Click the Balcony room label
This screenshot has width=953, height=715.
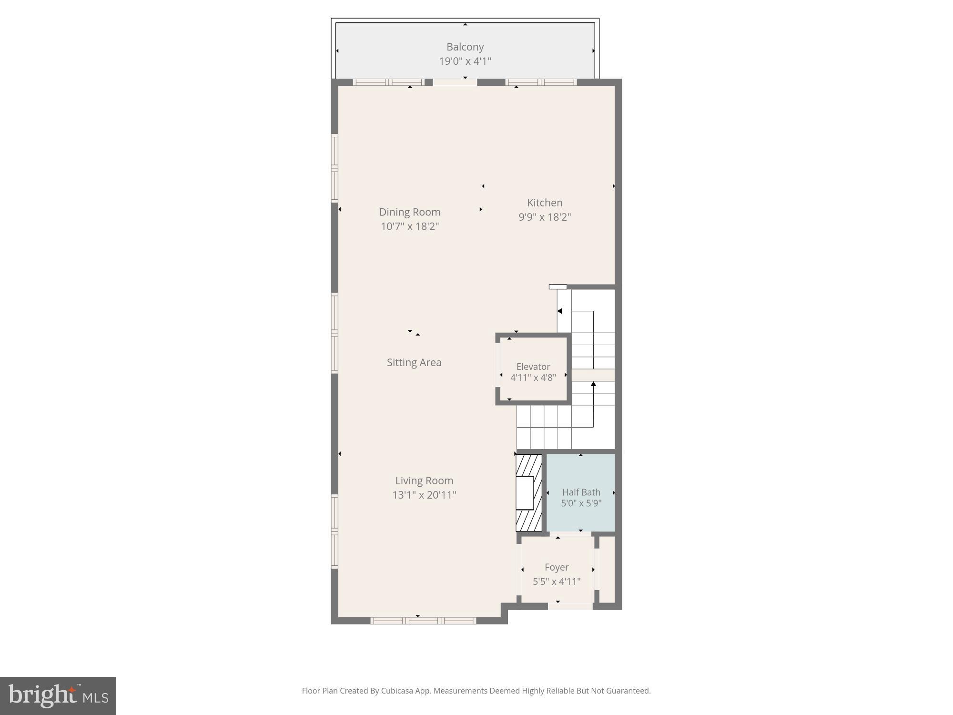pyautogui.click(x=465, y=47)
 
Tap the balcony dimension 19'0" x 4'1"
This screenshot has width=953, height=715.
pyautogui.click(x=465, y=61)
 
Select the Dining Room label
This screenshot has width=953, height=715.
pyautogui.click(x=409, y=212)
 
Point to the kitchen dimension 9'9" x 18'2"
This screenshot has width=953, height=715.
pyautogui.click(x=545, y=217)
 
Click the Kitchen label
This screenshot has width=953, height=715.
pyautogui.click(x=545, y=203)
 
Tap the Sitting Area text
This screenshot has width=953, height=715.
pyautogui.click(x=414, y=362)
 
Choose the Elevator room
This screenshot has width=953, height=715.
pyautogui.click(x=533, y=369)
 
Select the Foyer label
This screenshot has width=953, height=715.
pyautogui.click(x=556, y=567)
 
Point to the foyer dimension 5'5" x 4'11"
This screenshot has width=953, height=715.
pyautogui.click(x=556, y=582)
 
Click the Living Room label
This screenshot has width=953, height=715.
pyautogui.click(x=424, y=480)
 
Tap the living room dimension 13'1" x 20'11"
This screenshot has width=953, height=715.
pyautogui.click(x=424, y=495)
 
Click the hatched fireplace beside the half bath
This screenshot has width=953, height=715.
pyautogui.click(x=528, y=493)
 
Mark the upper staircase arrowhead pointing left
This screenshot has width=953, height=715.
pyautogui.click(x=560, y=311)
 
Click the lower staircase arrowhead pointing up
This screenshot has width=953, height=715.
pyautogui.click(x=593, y=384)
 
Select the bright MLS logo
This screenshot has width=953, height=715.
pyautogui.click(x=58, y=695)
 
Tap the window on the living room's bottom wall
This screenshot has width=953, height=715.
pyautogui.click(x=423, y=620)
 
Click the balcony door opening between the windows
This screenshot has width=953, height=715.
pyautogui.click(x=455, y=82)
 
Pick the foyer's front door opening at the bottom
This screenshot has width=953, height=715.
pyautogui.click(x=570, y=606)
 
